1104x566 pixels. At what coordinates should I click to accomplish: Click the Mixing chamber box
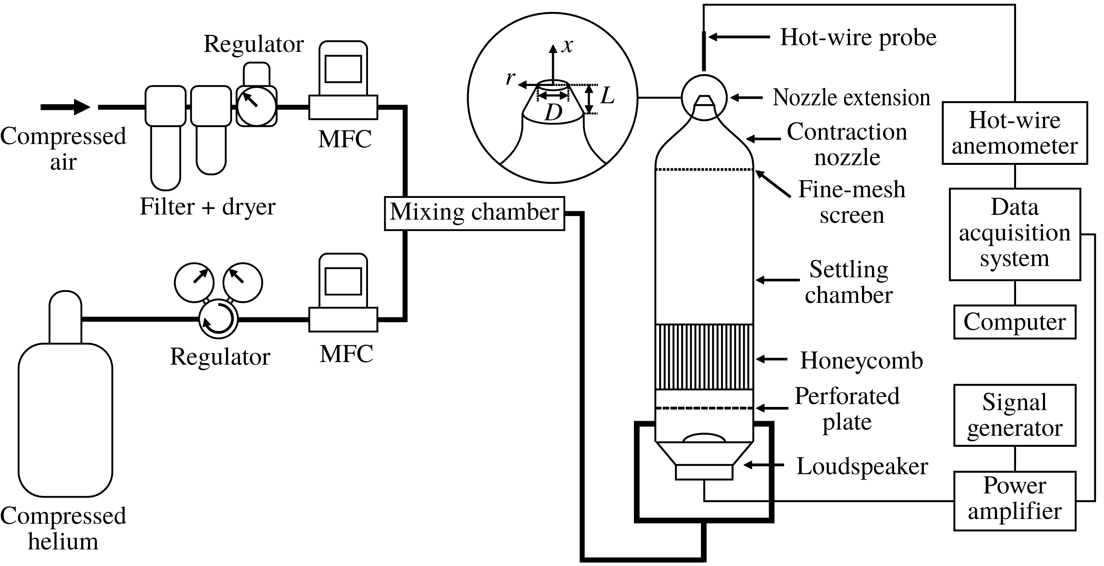pos(474,213)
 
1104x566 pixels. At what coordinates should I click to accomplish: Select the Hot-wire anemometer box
pos(1014,133)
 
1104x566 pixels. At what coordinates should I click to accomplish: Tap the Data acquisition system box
pos(1014,234)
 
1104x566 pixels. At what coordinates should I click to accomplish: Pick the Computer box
pos(1014,322)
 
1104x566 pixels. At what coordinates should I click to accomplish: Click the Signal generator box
pos(1014,415)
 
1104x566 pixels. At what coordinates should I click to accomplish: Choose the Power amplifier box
pos(1014,500)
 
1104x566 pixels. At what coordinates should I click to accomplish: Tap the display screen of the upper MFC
pos(343,69)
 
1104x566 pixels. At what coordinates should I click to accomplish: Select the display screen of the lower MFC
pos(343,281)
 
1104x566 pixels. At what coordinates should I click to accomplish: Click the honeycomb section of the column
pos(704,357)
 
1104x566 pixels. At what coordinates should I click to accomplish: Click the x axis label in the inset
pos(567,45)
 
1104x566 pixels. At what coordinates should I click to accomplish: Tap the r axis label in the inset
pos(510,78)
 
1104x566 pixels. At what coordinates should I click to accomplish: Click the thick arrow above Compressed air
pos(65,107)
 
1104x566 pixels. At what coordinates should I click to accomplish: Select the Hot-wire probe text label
pos(858,37)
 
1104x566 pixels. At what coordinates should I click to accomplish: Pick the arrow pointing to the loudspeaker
pos(764,465)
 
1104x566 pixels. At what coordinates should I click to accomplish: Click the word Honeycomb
pos(862,360)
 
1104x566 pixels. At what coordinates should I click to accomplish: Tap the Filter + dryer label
pos(207,207)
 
